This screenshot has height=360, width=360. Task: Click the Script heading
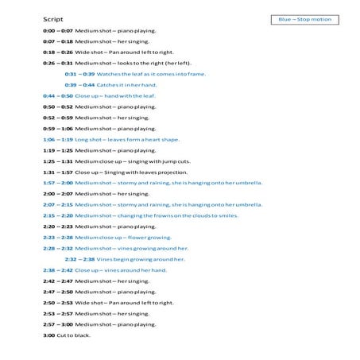[x=53, y=17]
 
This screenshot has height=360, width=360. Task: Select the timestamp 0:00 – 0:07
[x=57, y=30]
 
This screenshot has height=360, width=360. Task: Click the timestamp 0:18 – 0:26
[x=57, y=52]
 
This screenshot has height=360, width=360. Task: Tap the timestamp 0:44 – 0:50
[x=57, y=95]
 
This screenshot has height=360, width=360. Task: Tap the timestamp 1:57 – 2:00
[x=57, y=182]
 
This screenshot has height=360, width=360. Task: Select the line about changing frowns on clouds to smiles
[x=151, y=215]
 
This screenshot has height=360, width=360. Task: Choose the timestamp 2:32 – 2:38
[x=79, y=258]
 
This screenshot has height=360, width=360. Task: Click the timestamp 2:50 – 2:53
[x=57, y=302]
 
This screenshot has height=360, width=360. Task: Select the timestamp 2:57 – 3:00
[x=57, y=323]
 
